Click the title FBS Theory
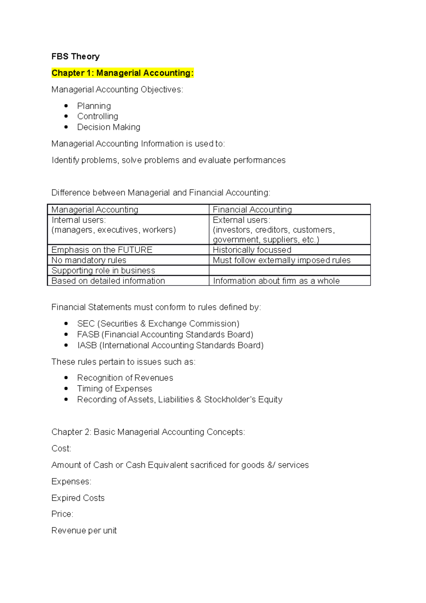(x=75, y=56)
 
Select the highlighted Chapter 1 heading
(x=122, y=73)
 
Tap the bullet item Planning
(x=94, y=106)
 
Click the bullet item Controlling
(x=98, y=116)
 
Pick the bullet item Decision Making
(x=109, y=127)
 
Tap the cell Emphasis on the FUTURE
(x=102, y=250)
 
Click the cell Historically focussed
(x=252, y=250)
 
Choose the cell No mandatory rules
(x=89, y=260)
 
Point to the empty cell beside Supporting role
(x=289, y=270)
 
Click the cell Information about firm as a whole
(x=276, y=281)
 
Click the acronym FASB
(x=88, y=334)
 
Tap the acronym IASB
(x=87, y=345)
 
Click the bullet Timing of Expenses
(x=114, y=389)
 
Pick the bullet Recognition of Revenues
(x=125, y=377)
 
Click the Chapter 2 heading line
(x=148, y=432)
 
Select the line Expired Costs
(x=78, y=498)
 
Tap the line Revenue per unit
(x=84, y=530)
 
